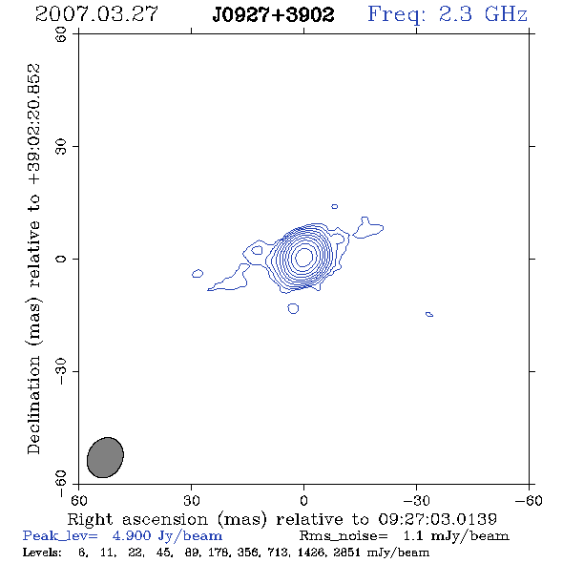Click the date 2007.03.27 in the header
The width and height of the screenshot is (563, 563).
click(x=96, y=14)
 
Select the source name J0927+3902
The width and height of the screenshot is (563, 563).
click(x=273, y=14)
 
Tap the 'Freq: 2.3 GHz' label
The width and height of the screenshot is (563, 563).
click(x=448, y=14)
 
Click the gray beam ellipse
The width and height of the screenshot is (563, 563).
click(x=105, y=457)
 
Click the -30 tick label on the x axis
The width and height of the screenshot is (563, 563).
click(x=416, y=500)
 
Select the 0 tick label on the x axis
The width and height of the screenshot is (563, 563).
click(x=303, y=500)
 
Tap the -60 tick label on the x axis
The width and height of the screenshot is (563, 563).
click(x=529, y=500)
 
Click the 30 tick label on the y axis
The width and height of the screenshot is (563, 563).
click(x=61, y=147)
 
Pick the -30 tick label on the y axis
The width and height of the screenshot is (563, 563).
click(x=61, y=371)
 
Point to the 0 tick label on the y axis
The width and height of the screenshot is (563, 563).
click(x=61, y=259)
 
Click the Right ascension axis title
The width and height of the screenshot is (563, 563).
click(x=281, y=519)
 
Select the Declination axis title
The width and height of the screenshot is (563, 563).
click(x=33, y=259)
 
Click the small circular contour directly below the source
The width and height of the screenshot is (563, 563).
click(x=293, y=308)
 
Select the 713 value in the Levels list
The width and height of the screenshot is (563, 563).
click(x=278, y=552)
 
